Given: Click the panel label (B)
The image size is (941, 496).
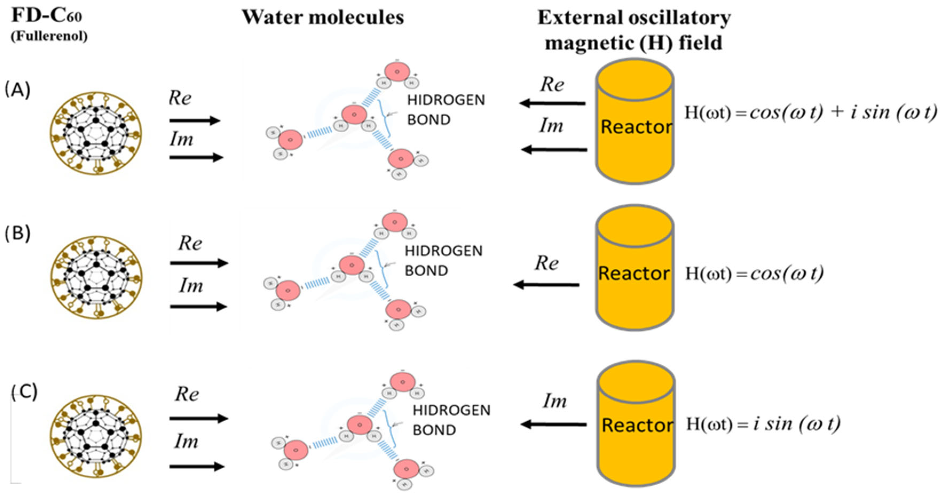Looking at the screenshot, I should pyautogui.click(x=17, y=233).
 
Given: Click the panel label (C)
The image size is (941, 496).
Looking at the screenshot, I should pyautogui.click(x=24, y=392).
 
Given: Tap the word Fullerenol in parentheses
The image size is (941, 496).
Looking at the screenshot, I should pyautogui.click(x=49, y=36).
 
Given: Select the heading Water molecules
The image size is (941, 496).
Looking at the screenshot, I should pyautogui.click(x=323, y=17).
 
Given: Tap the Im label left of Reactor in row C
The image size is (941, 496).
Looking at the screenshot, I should pyautogui.click(x=555, y=401).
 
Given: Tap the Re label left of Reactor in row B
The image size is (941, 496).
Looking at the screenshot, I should pyautogui.click(x=547, y=263).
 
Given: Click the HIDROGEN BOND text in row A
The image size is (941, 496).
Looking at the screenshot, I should pyautogui.click(x=446, y=110).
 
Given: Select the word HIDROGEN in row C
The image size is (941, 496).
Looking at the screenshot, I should pyautogui.click(x=452, y=410).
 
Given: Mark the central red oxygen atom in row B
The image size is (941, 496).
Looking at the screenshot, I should pyautogui.click(x=351, y=265).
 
